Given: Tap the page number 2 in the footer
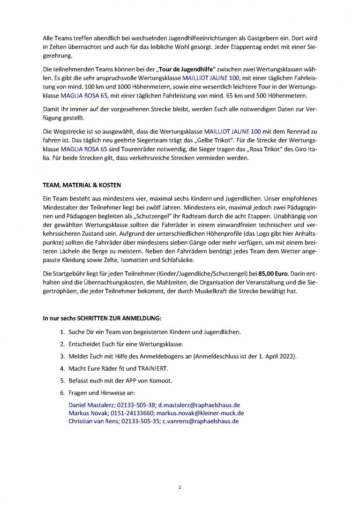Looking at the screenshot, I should click(x=180, y=487).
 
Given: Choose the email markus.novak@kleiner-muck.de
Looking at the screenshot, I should click(x=204, y=413).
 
